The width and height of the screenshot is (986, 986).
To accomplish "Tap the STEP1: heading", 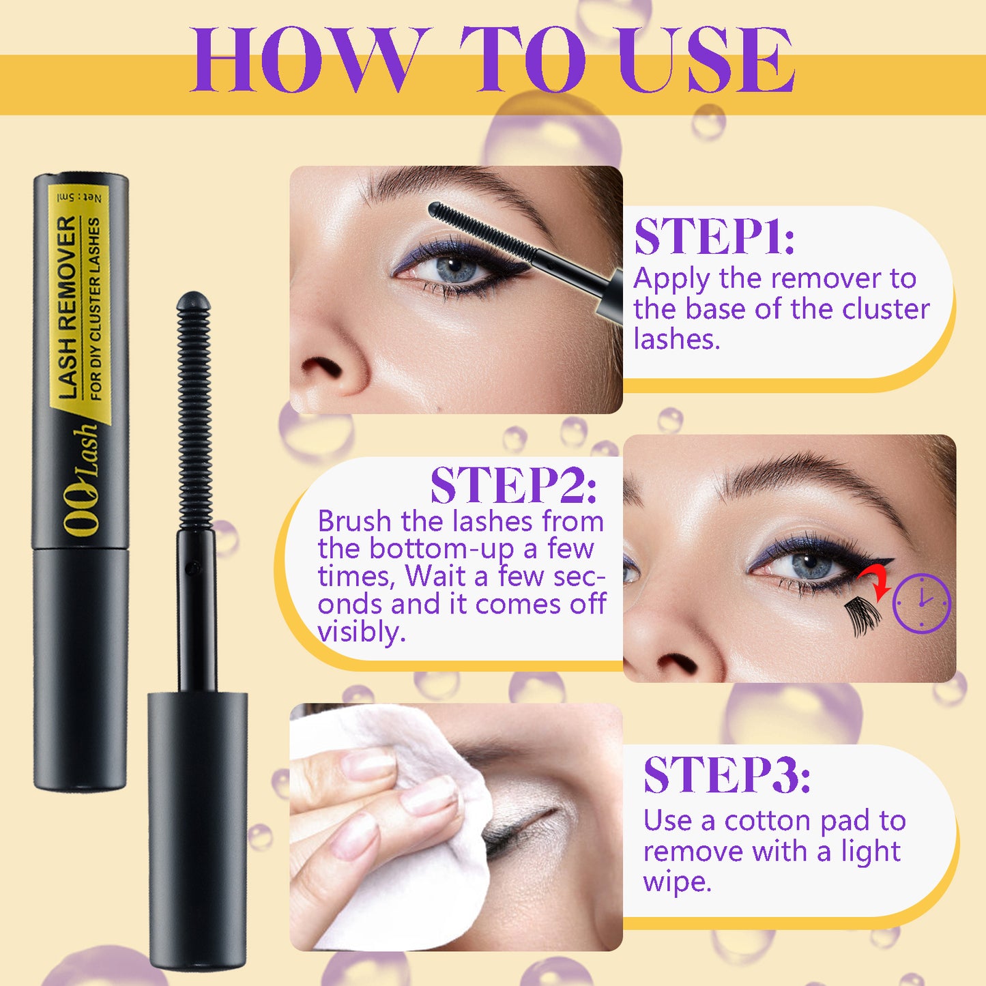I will pos(714,237).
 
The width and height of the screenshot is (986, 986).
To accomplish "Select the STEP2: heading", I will pos(513,486).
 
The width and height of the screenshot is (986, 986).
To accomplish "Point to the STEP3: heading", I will pos(726,775).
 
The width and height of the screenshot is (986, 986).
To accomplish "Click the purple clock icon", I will pos(921,603).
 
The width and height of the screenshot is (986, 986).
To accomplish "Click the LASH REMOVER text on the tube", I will pos(68,306).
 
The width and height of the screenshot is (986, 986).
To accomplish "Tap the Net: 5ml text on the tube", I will pos(80,197).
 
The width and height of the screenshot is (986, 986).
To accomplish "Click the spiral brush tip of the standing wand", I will pos(194,409).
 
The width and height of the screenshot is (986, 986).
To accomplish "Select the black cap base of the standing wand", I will pos(197,829).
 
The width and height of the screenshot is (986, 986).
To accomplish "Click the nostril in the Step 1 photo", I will pos(321,369).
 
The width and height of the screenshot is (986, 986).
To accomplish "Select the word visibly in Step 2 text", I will pos(361,633).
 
